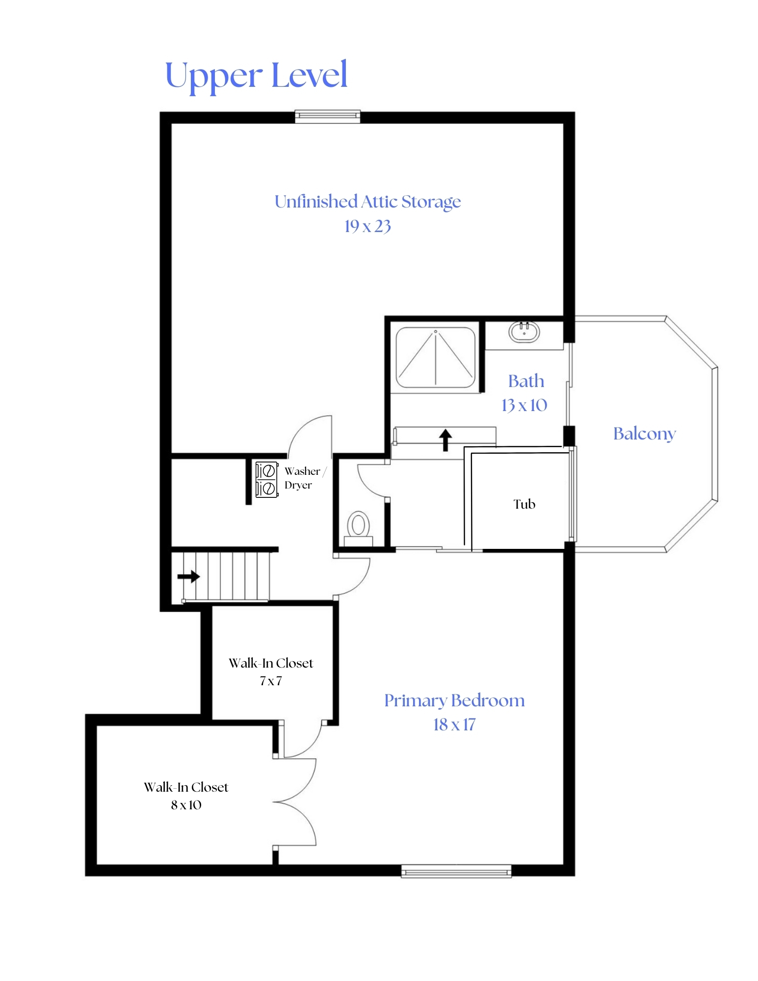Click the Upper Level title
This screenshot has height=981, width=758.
(x=256, y=75)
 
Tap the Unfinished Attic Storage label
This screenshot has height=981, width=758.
(x=367, y=202)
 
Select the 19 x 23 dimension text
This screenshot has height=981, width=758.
(x=367, y=226)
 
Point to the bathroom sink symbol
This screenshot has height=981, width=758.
(x=524, y=332)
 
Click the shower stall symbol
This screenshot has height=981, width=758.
(x=435, y=358)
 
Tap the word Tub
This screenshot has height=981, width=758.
(x=524, y=504)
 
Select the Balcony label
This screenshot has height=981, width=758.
(x=644, y=434)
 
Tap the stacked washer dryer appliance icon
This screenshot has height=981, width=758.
(x=267, y=479)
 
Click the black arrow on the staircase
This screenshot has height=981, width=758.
(x=188, y=576)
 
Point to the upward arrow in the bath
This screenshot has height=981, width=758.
(x=445, y=439)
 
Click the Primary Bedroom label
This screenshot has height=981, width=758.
(x=454, y=700)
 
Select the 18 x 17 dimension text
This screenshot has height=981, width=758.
(x=454, y=724)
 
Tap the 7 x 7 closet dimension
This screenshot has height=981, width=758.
(x=271, y=681)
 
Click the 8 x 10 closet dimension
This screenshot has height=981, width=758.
(x=186, y=805)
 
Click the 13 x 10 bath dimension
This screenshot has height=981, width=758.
(x=524, y=405)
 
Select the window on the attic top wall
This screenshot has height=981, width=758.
(x=327, y=116)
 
